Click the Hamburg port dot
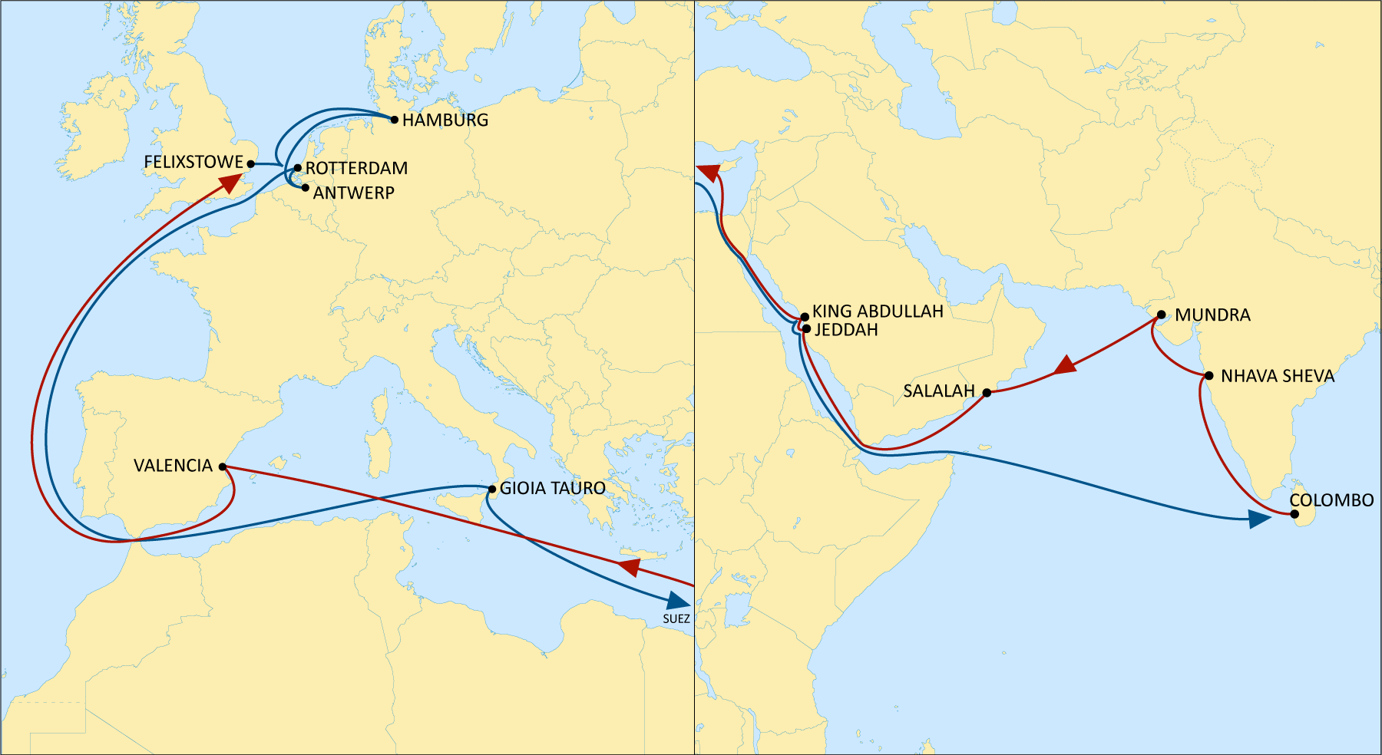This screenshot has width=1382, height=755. coord(395,120)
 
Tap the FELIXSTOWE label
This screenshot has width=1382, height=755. coord(193,163)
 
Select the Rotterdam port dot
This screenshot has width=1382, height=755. coord(298,168)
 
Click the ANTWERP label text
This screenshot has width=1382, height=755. coord(354,193)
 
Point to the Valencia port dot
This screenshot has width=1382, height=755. coord(223,467)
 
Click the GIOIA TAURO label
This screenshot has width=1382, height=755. coord(553,489)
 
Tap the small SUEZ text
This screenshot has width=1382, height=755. coord(676,619)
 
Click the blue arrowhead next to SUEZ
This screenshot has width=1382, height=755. coord(679,601)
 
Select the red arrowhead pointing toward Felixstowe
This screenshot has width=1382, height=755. coord(230,183)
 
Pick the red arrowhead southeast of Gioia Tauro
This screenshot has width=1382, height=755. coord(630,568)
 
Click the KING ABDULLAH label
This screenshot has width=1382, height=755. coord(878,312)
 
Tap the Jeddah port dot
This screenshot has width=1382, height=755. coord(806,329)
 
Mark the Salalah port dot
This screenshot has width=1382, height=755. coord(987,392)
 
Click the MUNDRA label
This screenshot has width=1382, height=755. coord(1213,315)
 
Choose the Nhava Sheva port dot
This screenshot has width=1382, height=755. coord(1209,376)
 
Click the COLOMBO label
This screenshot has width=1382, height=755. coord(1332,500)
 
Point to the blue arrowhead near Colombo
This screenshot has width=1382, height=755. coord(1259,520)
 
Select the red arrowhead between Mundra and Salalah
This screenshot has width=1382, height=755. coord(1065,365)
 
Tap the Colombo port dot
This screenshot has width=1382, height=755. coord(1295,514)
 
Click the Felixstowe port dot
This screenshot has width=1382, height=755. coord(250,164)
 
